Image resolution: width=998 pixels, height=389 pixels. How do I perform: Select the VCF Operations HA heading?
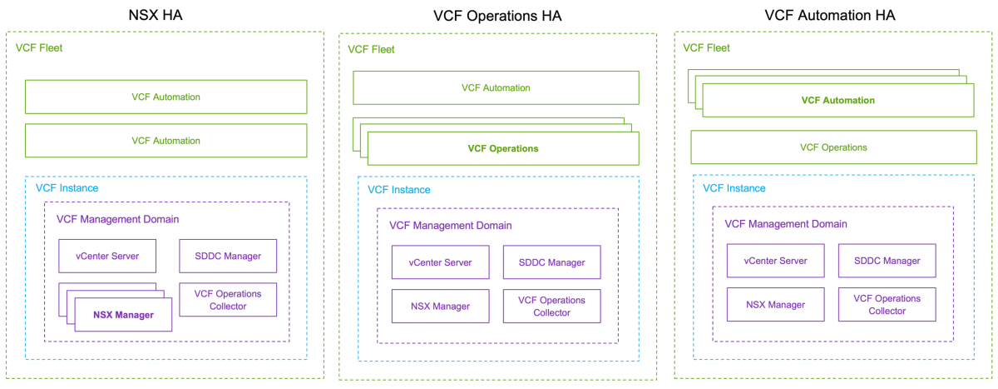(496, 15)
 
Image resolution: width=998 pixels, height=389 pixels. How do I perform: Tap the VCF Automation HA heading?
(829, 15)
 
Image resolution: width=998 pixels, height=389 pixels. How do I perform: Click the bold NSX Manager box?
(123, 315)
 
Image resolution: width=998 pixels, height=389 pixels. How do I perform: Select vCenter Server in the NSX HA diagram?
(107, 256)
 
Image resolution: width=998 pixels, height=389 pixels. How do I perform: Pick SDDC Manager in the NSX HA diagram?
(228, 256)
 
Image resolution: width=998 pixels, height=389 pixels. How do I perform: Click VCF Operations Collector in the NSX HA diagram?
(228, 300)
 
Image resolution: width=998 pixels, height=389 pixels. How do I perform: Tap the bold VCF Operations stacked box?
(502, 149)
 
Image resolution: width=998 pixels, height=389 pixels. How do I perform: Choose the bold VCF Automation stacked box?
(837, 100)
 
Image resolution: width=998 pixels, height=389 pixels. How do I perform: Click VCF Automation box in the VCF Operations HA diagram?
(496, 87)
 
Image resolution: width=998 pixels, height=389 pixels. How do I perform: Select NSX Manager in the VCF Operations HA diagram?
(440, 306)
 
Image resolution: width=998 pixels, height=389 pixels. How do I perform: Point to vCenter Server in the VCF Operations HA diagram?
(440, 262)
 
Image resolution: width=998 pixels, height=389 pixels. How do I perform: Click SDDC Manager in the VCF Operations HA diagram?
(551, 262)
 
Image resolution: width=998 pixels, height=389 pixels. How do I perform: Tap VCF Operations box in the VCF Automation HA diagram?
(833, 147)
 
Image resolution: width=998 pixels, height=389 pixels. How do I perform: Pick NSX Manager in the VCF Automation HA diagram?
(775, 304)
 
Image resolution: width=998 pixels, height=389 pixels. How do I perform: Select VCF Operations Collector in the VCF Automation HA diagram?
(887, 304)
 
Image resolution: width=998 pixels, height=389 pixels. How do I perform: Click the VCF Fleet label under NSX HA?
(39, 47)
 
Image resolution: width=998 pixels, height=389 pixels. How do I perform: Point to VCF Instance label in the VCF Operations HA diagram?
(399, 189)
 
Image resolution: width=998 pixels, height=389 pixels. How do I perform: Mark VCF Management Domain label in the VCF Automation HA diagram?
(786, 223)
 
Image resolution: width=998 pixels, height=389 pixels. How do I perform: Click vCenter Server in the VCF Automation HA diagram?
(775, 261)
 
